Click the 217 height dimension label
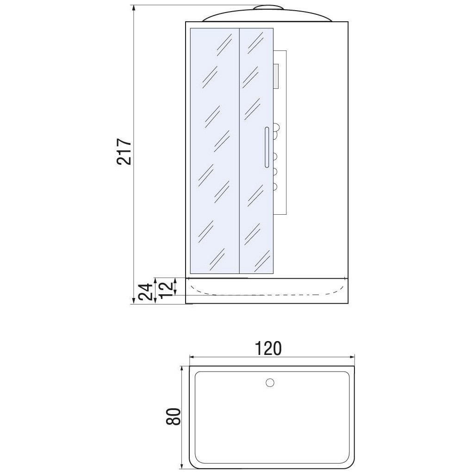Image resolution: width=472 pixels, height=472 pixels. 124,151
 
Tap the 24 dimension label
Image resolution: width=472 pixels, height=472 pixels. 145,292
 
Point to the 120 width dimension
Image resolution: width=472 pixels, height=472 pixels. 268,348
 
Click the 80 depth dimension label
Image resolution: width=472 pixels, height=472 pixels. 174,416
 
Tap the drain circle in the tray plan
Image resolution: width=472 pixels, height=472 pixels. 270,383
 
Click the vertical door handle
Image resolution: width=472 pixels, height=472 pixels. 267,147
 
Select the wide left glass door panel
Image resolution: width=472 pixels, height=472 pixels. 215,151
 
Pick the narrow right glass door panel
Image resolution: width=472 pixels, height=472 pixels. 256,151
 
